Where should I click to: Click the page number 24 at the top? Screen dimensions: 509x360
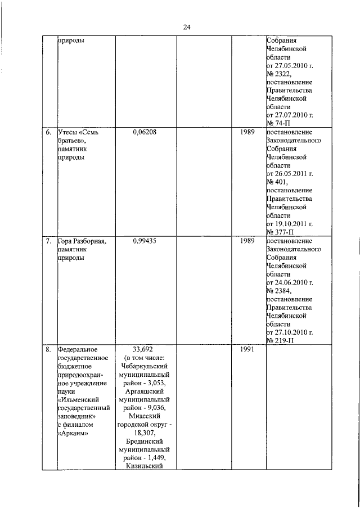[x=187, y=26]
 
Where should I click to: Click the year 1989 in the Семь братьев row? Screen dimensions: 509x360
[x=248, y=133]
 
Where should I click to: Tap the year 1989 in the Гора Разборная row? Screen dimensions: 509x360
[x=248, y=241]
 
